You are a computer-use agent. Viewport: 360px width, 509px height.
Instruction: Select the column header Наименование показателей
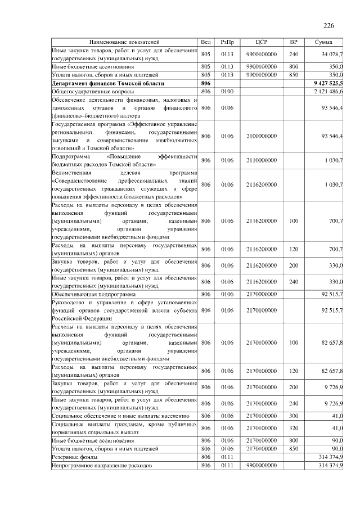(124, 42)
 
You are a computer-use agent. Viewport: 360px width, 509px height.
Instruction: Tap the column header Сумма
(323, 42)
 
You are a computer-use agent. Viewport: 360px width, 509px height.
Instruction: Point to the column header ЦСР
(260, 42)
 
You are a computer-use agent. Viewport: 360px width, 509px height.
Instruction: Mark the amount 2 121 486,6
(329, 91)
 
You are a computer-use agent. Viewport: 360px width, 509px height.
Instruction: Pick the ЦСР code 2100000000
(260, 136)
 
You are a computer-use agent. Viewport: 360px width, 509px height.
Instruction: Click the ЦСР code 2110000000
(260, 160)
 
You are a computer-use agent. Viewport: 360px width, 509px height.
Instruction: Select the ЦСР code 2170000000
(260, 294)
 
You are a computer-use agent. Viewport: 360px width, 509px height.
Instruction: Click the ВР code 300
(293, 416)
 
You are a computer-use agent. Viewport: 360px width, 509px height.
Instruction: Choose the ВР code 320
(293, 428)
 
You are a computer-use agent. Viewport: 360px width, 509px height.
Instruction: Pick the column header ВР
(293, 42)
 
